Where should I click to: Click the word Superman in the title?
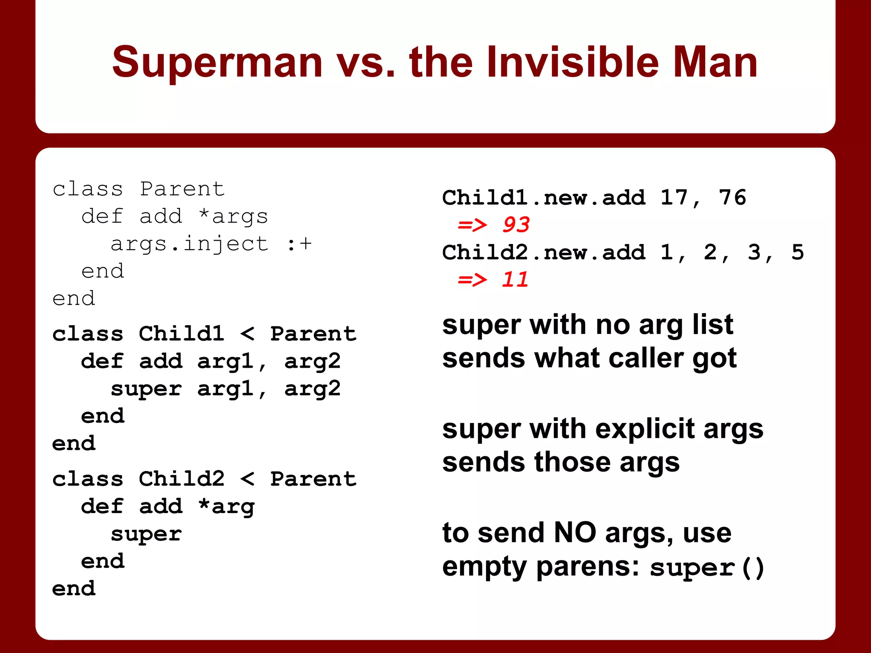coord(217,62)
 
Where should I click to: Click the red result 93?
coord(516,224)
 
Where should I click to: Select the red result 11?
coord(515,279)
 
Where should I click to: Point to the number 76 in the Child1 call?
coord(732,197)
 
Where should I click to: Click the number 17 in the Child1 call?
coord(674,197)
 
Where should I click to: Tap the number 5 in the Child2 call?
coord(797,252)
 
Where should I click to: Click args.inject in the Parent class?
coord(189,244)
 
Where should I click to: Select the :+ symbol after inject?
coord(299,244)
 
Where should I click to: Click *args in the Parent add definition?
coord(233,216)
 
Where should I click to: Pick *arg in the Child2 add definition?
coord(226,506)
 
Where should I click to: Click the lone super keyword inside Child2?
coord(146,534)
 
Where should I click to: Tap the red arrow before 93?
coord(472,225)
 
